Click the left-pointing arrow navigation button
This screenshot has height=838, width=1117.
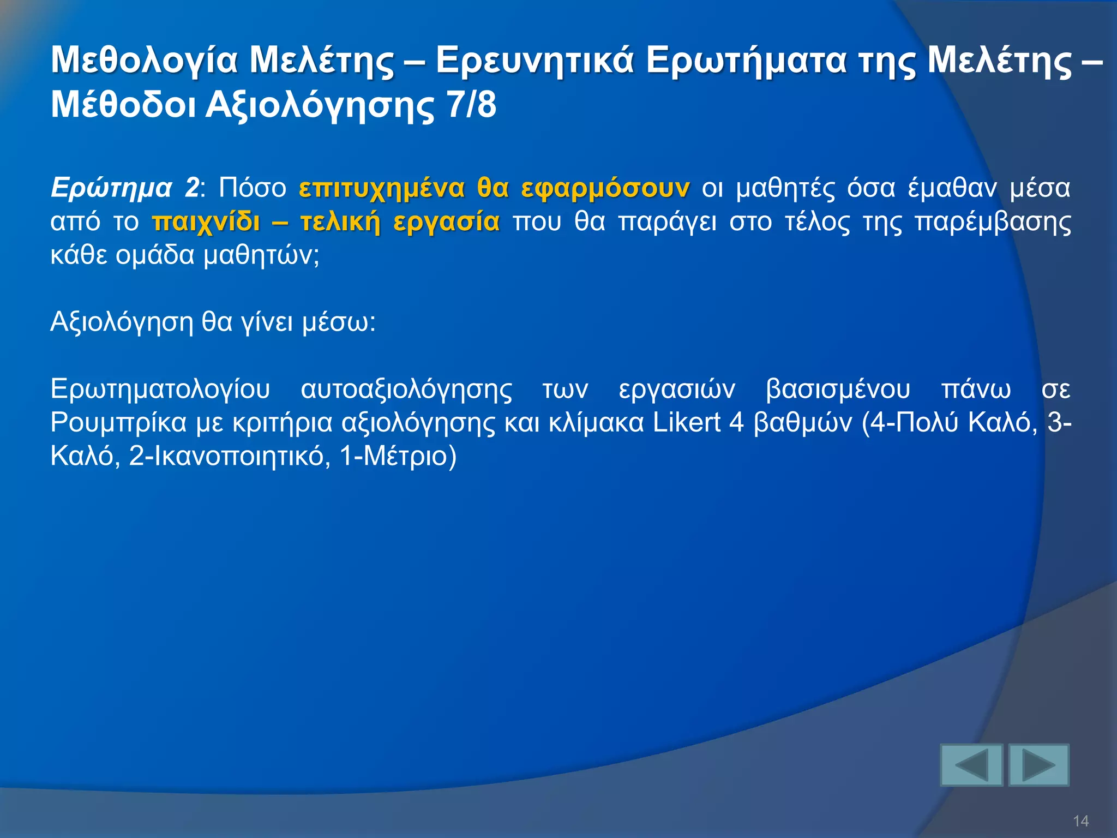point(971,765)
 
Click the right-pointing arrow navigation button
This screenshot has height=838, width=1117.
point(1038,765)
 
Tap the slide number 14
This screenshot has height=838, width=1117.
point(1080,821)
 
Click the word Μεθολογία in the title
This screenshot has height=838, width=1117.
point(145,60)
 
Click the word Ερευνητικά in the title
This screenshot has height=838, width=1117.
point(535,60)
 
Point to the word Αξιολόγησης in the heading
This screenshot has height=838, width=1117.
point(320,106)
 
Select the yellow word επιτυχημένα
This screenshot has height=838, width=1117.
point(382,188)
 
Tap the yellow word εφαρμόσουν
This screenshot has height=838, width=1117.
point(605,188)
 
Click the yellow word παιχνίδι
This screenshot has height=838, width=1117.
point(206,222)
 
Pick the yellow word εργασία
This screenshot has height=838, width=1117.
point(446,222)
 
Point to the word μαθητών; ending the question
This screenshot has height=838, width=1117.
point(261,255)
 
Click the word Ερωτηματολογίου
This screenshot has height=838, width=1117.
point(160,390)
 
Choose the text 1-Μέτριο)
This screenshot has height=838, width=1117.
point(398,456)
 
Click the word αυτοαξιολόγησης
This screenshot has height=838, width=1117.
point(406,390)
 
